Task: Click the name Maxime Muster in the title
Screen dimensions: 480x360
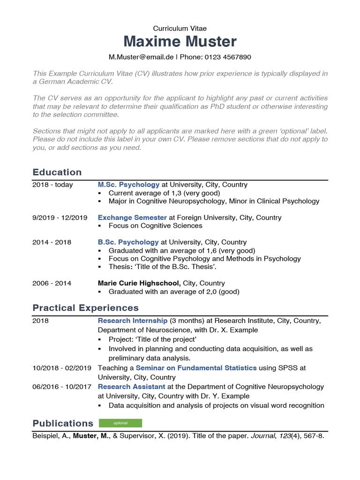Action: pyautogui.click(x=180, y=42)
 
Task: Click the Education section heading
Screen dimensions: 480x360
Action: pyautogui.click(x=57, y=172)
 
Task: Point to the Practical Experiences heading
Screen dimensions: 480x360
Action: pyautogui.click(x=85, y=308)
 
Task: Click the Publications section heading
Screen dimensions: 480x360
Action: pyautogui.click(x=63, y=423)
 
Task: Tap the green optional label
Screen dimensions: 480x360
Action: pyautogui.click(x=120, y=423)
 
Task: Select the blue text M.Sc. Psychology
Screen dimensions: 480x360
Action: pyautogui.click(x=128, y=185)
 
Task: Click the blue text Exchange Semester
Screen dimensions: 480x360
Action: pyautogui.click(x=132, y=217)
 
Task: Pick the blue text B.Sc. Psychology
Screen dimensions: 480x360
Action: pyautogui.click(x=128, y=242)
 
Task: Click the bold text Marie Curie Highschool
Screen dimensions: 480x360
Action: pyautogui.click(x=139, y=283)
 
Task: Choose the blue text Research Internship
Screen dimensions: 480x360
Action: pyautogui.click(x=133, y=321)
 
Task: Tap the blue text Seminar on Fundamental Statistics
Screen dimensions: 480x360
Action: pyautogui.click(x=196, y=368)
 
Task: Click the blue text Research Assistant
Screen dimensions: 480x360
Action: pyautogui.click(x=131, y=387)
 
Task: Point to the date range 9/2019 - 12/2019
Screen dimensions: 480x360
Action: pyautogui.click(x=60, y=217)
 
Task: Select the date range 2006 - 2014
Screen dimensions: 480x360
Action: pyautogui.click(x=52, y=283)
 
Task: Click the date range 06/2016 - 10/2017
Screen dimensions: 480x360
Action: pyautogui.click(x=62, y=387)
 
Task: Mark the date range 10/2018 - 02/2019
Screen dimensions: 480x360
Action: pyautogui.click(x=62, y=368)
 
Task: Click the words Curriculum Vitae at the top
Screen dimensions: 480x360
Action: pyautogui.click(x=180, y=29)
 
